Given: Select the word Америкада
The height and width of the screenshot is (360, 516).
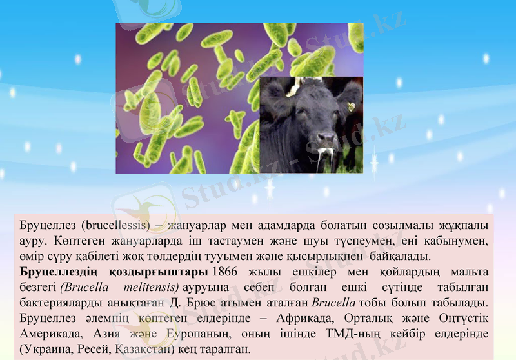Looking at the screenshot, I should (48, 335).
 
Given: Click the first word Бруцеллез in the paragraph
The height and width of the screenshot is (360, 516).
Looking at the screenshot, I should (47, 227).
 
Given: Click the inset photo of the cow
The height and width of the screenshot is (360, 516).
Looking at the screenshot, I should (312, 125).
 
